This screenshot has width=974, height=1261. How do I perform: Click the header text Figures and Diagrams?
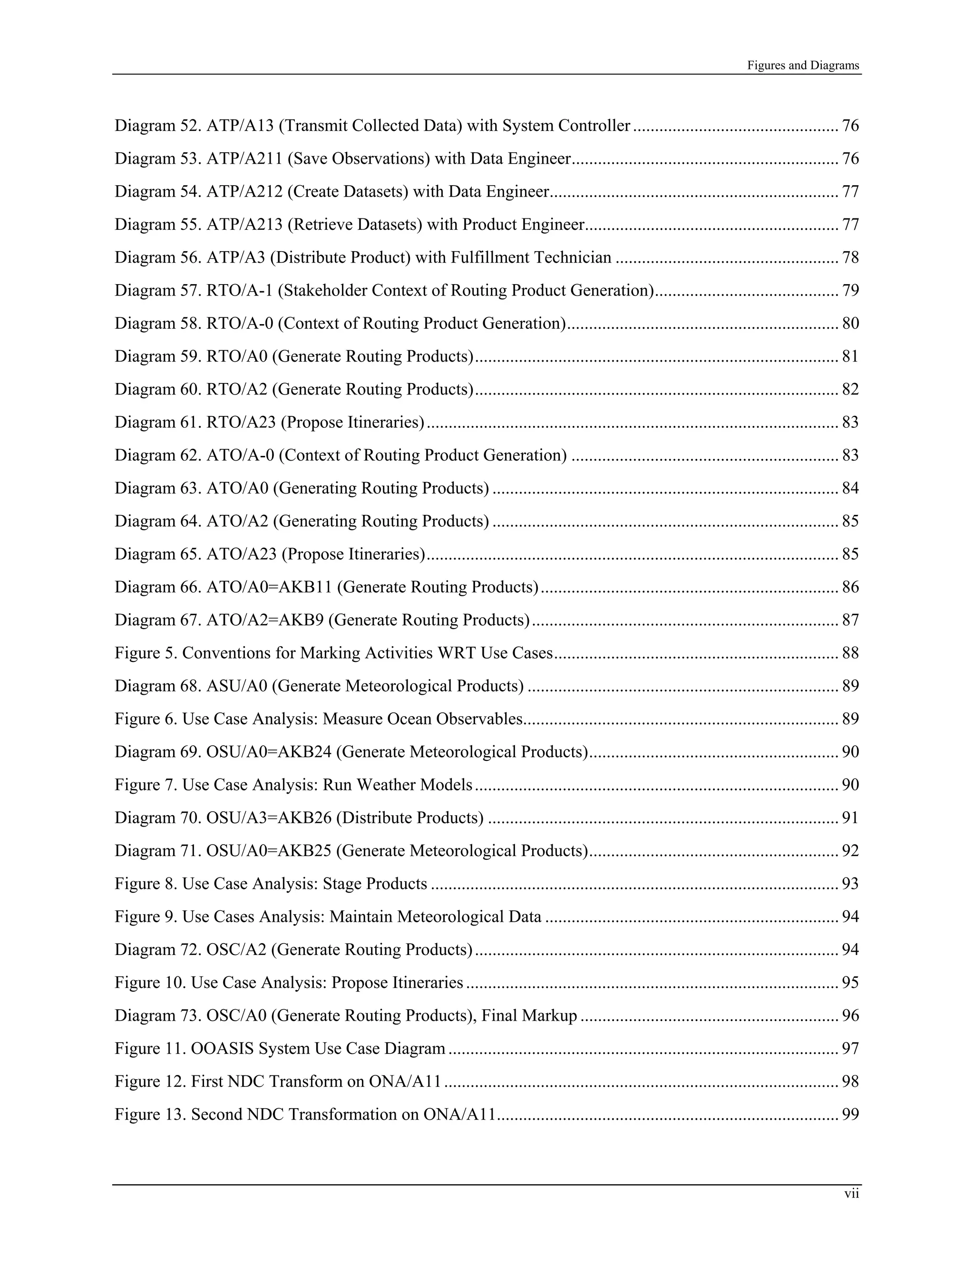point(803,65)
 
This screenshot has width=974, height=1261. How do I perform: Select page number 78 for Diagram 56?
point(850,257)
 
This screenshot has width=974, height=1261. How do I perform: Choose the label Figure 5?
point(146,653)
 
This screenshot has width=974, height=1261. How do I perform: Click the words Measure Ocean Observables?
point(422,719)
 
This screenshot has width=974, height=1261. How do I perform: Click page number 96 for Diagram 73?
point(850,1015)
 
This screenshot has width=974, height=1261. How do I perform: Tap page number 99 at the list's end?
point(850,1114)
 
